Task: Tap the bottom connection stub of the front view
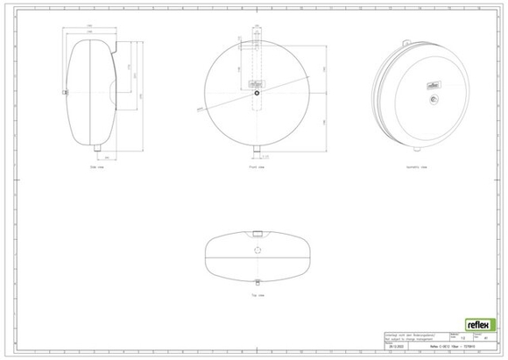click(258, 149)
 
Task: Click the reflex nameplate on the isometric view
click(432, 85)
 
